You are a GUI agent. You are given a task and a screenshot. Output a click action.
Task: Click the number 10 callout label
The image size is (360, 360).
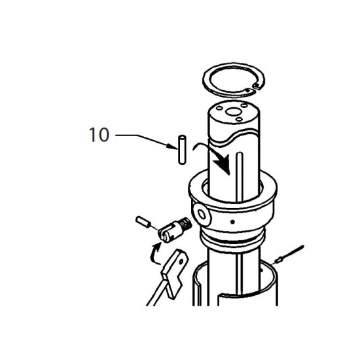99,135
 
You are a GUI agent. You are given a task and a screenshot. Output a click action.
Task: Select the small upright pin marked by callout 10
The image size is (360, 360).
183,150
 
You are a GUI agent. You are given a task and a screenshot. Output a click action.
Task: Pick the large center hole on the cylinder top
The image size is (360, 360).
233,113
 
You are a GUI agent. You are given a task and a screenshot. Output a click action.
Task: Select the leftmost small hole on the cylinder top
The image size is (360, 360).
220,108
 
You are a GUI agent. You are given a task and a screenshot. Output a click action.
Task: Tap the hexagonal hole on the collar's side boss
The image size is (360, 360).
202,215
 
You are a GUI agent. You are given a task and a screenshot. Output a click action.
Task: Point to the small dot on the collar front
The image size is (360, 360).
233,222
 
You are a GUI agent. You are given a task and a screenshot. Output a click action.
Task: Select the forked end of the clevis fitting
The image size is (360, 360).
165,234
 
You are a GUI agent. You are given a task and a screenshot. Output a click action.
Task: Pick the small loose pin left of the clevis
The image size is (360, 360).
143,221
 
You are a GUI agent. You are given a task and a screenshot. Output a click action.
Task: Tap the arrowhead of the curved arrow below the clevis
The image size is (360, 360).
156,247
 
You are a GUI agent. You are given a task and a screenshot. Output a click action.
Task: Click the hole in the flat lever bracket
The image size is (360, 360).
181,262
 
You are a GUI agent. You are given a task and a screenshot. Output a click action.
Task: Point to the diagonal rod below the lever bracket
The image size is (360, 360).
156,293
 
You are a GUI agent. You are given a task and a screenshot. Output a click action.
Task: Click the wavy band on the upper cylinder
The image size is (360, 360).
234,139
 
